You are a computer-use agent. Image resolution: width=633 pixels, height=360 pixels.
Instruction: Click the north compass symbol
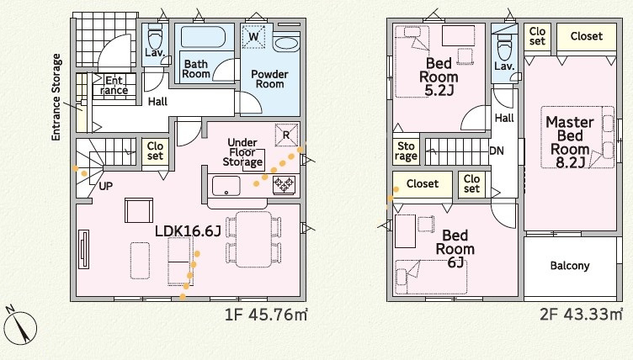point(20,326)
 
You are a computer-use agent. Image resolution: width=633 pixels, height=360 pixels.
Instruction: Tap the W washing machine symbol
point(253,37)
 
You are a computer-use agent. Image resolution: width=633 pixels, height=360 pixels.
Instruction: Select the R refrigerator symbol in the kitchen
point(286,135)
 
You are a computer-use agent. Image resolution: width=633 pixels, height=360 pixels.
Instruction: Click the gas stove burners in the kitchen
point(284,185)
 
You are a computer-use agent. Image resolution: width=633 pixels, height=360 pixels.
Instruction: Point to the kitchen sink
point(226,186)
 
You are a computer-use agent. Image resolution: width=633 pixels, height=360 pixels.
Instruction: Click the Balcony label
point(570,266)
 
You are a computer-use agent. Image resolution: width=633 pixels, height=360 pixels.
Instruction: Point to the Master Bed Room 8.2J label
point(569,141)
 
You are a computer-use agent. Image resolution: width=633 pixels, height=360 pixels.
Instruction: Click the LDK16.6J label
point(188,230)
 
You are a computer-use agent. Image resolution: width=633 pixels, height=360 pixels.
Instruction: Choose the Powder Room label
point(269,79)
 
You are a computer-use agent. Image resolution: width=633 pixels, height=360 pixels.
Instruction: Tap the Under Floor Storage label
point(242,152)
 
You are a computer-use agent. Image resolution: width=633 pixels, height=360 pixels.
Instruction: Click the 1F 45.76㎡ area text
point(267,315)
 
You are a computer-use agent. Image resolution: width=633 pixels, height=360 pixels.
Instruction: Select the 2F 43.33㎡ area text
point(582,314)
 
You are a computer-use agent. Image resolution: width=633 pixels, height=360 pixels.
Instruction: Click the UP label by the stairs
point(106,187)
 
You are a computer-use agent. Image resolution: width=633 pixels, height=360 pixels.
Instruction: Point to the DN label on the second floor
point(497,151)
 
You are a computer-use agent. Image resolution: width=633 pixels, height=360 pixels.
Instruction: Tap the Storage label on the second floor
point(406,151)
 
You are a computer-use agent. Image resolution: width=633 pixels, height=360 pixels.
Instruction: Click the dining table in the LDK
point(253,240)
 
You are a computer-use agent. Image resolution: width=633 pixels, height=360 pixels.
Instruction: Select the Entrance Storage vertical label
point(56,98)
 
